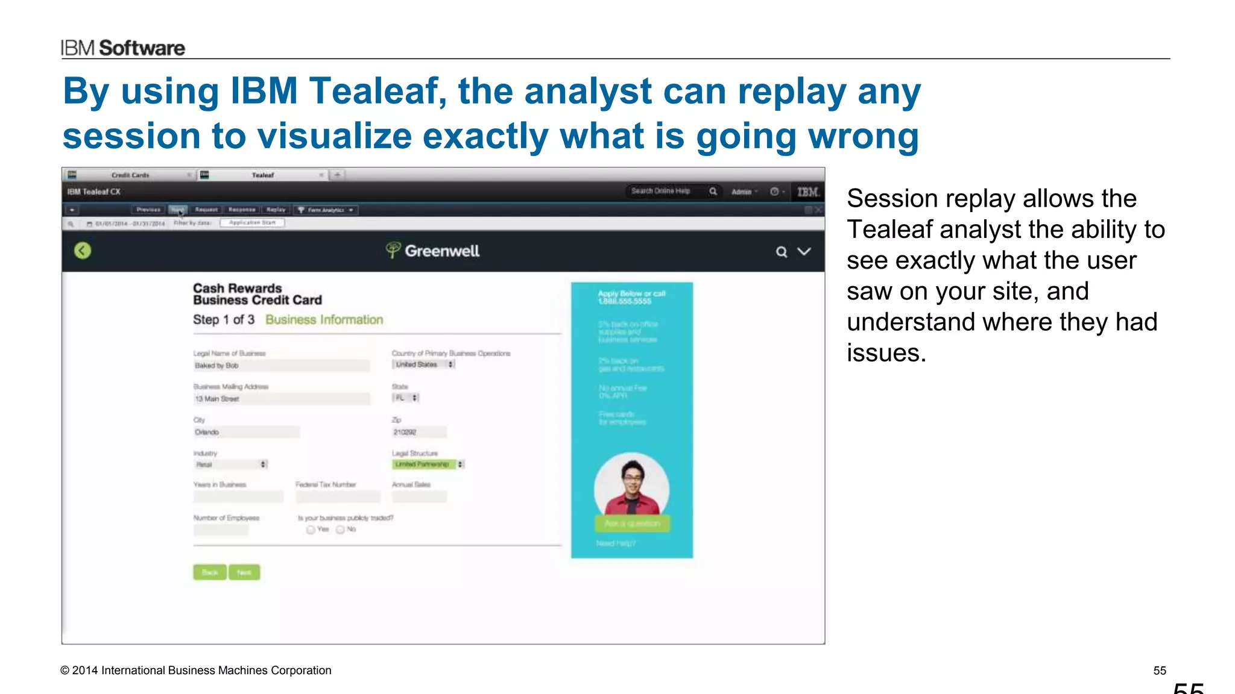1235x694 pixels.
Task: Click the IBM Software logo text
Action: [x=123, y=48]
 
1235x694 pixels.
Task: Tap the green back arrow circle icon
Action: [x=83, y=251]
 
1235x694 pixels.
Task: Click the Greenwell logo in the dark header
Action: [x=433, y=251]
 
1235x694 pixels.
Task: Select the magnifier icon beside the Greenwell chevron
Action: [x=782, y=252]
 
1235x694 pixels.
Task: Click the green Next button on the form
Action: [x=244, y=572]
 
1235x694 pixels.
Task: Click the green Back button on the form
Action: [x=209, y=572]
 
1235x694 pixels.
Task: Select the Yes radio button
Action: [x=311, y=530]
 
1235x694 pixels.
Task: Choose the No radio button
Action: [x=340, y=530]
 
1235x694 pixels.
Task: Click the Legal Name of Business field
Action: [x=281, y=366]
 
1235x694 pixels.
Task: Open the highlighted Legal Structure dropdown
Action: [x=428, y=464]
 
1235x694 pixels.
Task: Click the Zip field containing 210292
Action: [x=419, y=432]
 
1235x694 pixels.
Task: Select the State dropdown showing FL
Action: [x=406, y=398]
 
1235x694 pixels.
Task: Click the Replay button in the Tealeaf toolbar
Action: [x=276, y=210]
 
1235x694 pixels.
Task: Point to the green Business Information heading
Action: [x=324, y=320]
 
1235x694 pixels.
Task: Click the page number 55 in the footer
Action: [x=1160, y=671]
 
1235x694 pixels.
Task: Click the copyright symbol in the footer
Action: [x=65, y=671]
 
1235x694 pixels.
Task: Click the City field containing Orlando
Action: [x=246, y=432]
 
